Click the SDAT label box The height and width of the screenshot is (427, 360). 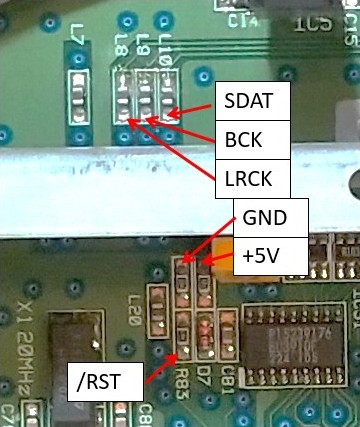(x=252, y=100)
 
